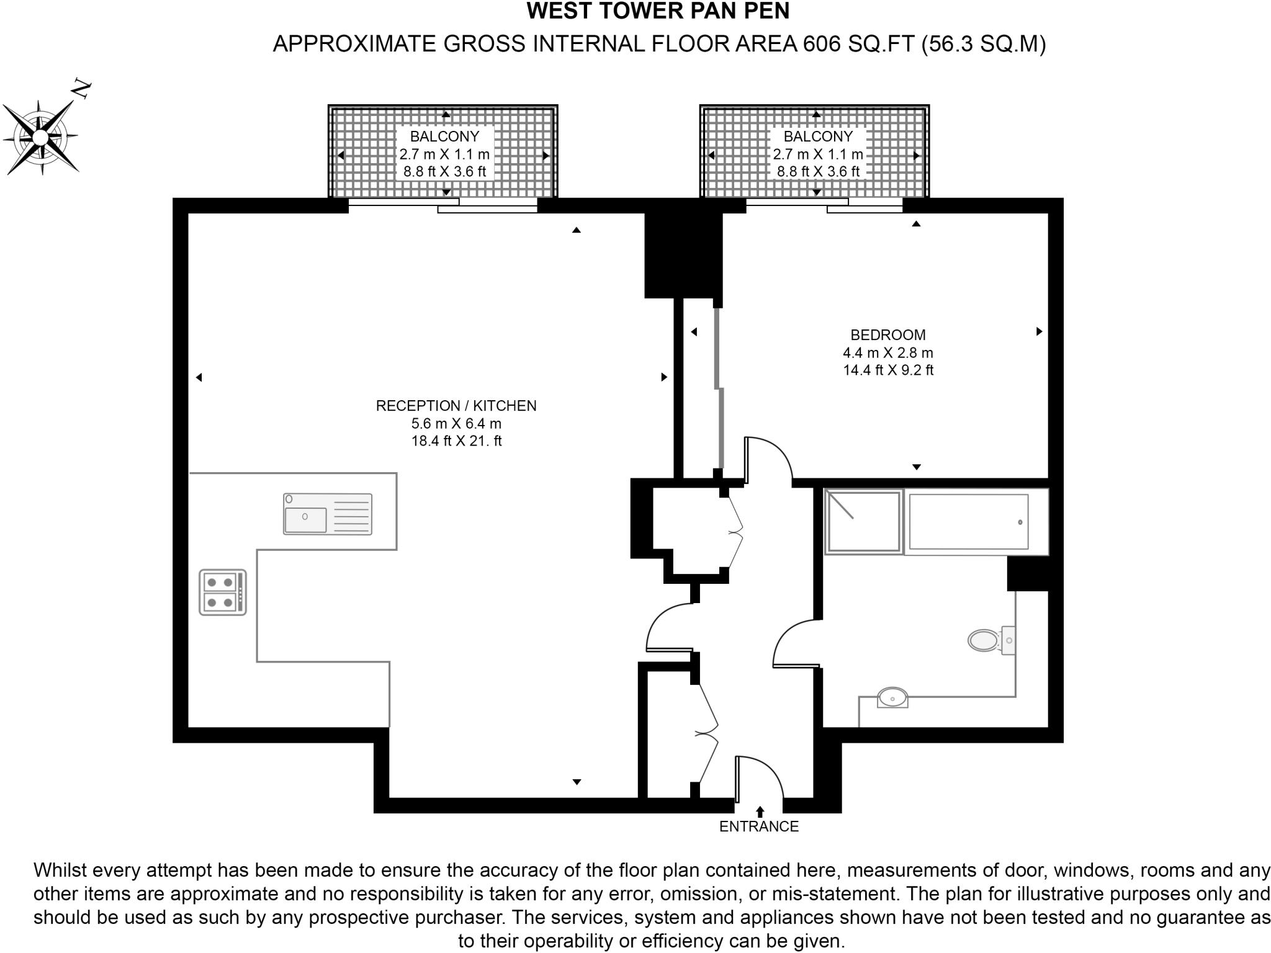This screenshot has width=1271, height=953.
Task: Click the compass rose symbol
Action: pyautogui.click(x=41, y=137)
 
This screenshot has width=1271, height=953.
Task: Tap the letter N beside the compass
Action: pyautogui.click(x=82, y=89)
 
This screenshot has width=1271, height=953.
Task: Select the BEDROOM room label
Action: pyautogui.click(x=887, y=335)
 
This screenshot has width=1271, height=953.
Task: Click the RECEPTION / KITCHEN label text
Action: pyautogui.click(x=456, y=406)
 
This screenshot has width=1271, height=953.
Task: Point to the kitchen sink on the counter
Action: pyautogui.click(x=327, y=514)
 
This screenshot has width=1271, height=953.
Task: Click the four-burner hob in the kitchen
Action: pyautogui.click(x=222, y=593)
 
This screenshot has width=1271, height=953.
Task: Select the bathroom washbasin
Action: pyautogui.click(x=892, y=698)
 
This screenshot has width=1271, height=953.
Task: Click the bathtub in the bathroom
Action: pyautogui.click(x=968, y=522)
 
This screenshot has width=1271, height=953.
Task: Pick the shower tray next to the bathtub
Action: pyautogui.click(x=863, y=522)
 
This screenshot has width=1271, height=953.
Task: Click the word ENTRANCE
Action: pyautogui.click(x=758, y=826)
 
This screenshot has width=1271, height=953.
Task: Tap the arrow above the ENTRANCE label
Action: pyautogui.click(x=760, y=812)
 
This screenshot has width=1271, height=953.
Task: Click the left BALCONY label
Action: pyautogui.click(x=444, y=136)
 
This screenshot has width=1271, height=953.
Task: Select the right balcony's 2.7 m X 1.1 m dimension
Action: pyautogui.click(x=817, y=154)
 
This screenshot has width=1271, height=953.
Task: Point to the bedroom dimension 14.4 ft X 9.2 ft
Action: pyautogui.click(x=887, y=370)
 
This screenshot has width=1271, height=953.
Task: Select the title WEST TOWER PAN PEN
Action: pyautogui.click(x=658, y=11)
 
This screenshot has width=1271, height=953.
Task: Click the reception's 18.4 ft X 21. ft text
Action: pyautogui.click(x=456, y=441)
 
